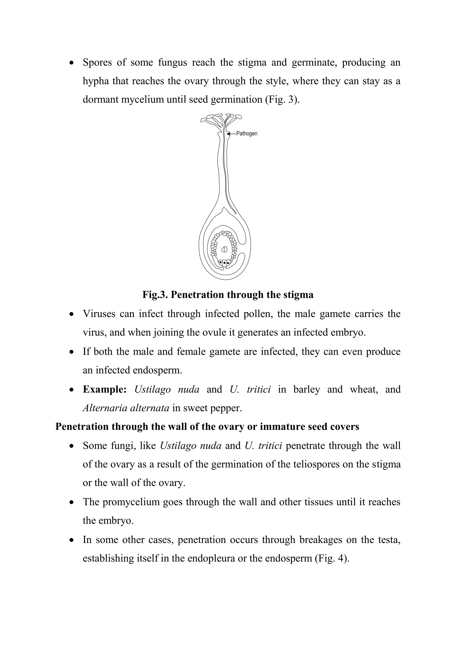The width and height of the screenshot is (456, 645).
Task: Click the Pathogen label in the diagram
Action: pos(246,134)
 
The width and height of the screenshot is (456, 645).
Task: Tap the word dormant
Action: pos(100,100)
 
